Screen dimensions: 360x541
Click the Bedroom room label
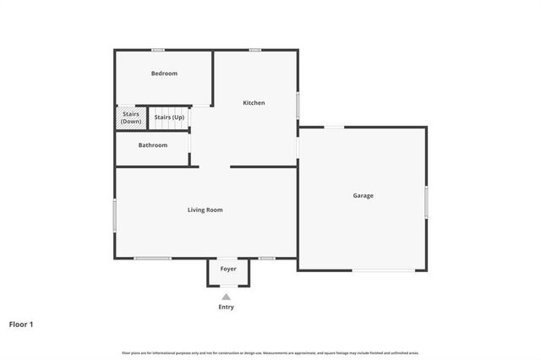point(164,74)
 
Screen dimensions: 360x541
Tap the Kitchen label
point(254,103)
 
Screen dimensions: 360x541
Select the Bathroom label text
point(153,145)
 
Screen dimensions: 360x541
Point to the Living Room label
point(205,210)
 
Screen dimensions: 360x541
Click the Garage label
point(363,196)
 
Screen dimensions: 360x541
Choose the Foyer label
point(228,270)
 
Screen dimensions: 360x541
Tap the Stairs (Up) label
point(169,117)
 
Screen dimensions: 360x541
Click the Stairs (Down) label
point(131,117)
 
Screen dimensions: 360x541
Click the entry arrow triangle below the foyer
point(227,297)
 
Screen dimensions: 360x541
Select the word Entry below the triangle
point(227,307)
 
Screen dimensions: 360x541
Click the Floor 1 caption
point(21,324)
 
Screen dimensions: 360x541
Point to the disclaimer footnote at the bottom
point(270,352)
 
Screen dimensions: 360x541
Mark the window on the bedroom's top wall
point(157,50)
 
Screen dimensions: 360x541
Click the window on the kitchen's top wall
point(254,50)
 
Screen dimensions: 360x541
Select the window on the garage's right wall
point(426,204)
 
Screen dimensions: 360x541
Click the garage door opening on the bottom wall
point(384,270)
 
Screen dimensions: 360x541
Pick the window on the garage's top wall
point(335,128)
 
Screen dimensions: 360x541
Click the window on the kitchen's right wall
point(298,105)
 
